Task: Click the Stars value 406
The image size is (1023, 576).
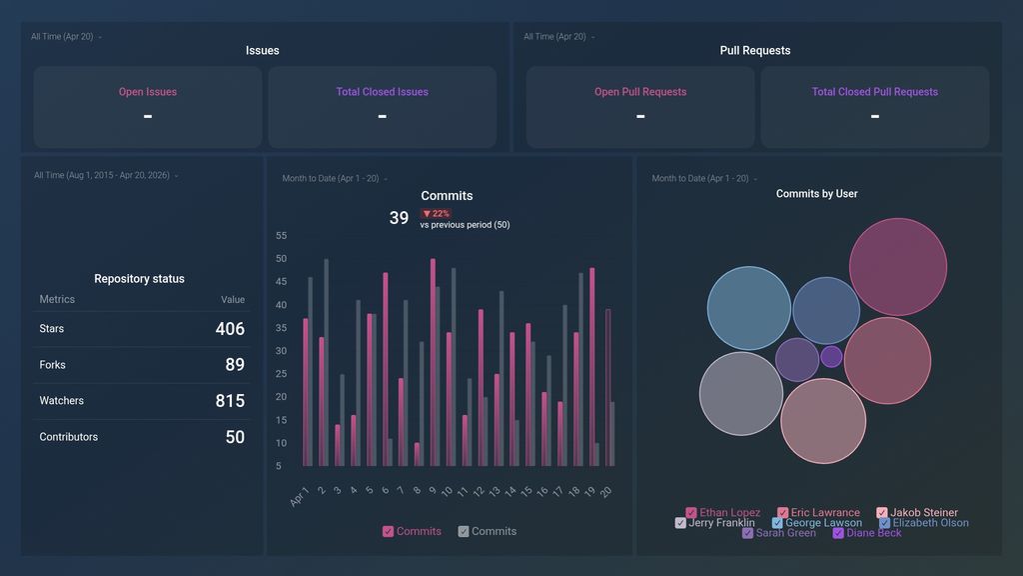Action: coord(229,329)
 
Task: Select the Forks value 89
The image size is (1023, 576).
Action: coord(234,365)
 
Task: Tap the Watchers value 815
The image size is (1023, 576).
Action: coord(229,401)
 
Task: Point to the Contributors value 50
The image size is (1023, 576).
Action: coord(234,437)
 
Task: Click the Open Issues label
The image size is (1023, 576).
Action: coord(148,92)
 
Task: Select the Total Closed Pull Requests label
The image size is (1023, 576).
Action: coord(874,92)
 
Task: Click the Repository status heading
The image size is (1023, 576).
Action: coord(139,279)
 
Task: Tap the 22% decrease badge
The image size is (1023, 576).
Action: coord(436,214)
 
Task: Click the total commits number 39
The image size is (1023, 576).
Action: coord(399,218)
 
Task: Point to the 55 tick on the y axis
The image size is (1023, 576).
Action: coord(281,236)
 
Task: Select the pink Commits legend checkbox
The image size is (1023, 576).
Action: coord(389,532)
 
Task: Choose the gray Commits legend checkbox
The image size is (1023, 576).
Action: coord(464,532)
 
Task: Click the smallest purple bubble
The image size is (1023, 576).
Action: coord(831,356)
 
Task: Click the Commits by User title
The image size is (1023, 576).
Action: coord(816,194)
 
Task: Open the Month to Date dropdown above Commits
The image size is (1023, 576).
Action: coord(334,179)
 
